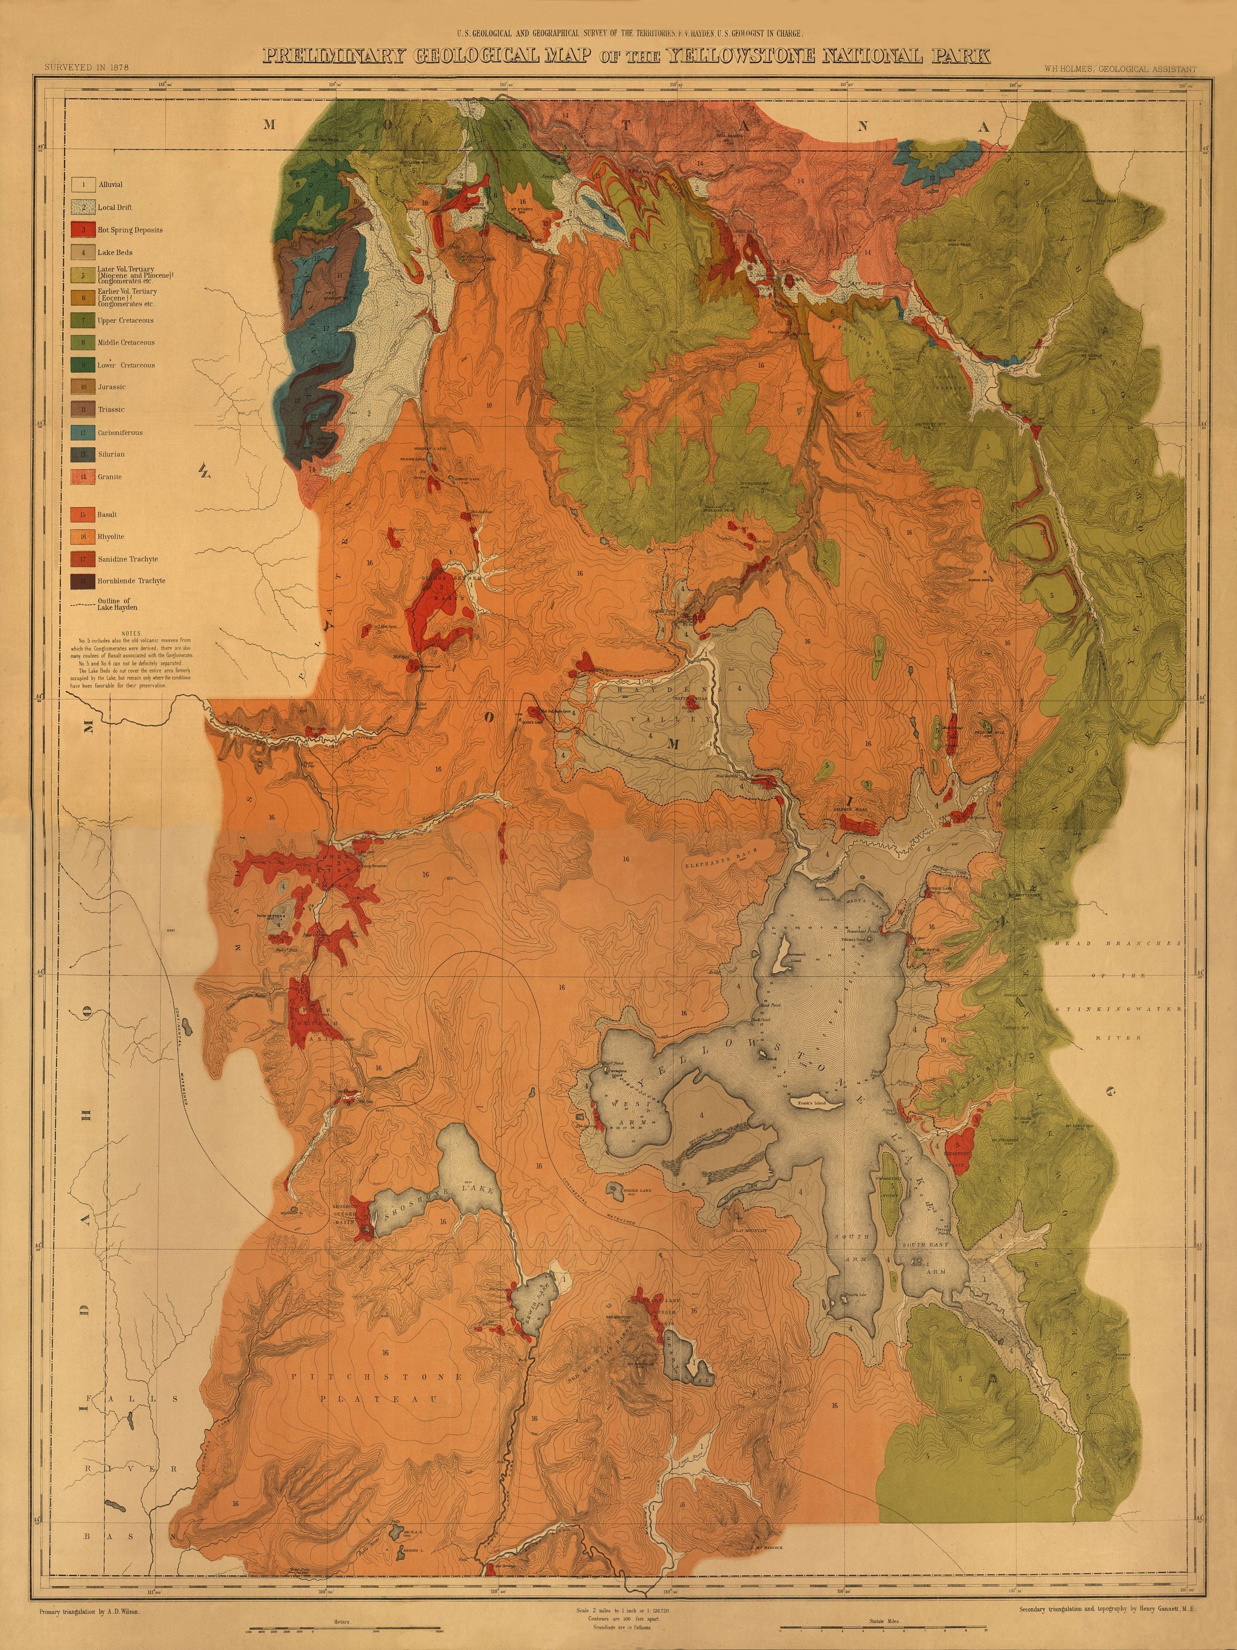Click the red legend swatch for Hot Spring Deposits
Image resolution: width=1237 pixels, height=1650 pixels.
[x=84, y=230]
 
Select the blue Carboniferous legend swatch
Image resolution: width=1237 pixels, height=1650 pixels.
[x=84, y=433]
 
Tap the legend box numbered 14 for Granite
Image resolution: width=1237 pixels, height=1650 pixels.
[x=84, y=477]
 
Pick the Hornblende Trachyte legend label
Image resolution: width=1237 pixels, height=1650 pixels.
[x=131, y=581]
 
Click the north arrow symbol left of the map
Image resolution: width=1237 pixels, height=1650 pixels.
[x=203, y=470]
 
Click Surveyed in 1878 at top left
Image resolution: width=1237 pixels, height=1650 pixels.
[x=87, y=67]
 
